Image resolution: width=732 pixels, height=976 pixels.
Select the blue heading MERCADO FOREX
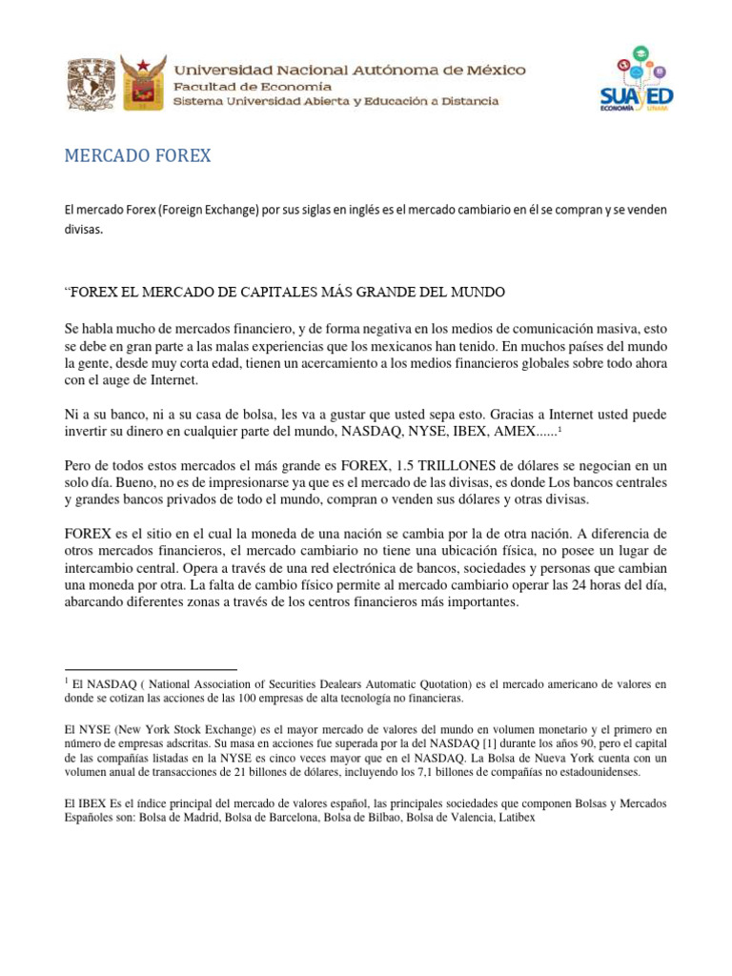coord(137,156)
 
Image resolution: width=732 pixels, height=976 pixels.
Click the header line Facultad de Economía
coord(242,86)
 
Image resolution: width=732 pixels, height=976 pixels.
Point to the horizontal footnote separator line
coord(151,670)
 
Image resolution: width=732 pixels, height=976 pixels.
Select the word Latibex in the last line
coord(515,818)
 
